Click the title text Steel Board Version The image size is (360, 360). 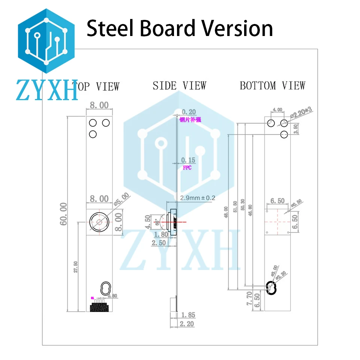click(x=180, y=28)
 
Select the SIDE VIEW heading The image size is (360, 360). click(x=179, y=86)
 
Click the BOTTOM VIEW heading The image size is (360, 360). click(x=272, y=86)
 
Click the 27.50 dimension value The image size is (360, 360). click(x=76, y=267)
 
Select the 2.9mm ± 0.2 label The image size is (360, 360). click(x=198, y=198)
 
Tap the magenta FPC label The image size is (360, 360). click(x=187, y=168)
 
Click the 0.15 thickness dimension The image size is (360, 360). click(x=188, y=160)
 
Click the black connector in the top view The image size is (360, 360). click(x=99, y=307)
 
